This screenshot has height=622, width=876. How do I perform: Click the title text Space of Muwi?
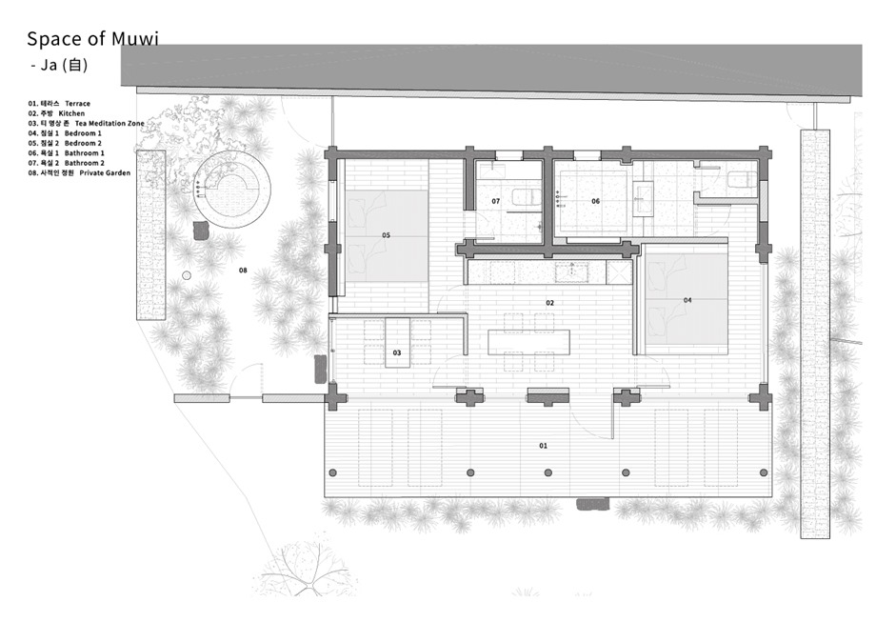[92, 38]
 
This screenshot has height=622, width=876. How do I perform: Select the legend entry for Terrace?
[59, 104]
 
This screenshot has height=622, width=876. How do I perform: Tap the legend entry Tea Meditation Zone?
[86, 123]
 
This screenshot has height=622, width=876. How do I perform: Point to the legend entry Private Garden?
[79, 172]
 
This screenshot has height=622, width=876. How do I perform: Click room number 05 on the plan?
[386, 235]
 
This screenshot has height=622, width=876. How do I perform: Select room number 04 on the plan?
[687, 300]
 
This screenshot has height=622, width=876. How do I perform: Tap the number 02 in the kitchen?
[549, 303]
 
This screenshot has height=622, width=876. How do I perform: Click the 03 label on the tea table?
[397, 352]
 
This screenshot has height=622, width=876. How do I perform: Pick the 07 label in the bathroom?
[495, 201]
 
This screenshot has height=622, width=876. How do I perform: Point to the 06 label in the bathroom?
[595, 201]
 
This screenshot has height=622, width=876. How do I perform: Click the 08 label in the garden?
[243, 271]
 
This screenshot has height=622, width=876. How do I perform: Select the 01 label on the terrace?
[543, 446]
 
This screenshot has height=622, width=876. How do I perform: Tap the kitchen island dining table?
[528, 342]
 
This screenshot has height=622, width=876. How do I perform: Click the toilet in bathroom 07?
[527, 197]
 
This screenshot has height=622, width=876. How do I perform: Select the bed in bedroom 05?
[387, 236]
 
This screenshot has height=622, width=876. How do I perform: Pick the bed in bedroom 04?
[687, 301]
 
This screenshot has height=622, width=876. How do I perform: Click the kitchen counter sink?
[571, 271]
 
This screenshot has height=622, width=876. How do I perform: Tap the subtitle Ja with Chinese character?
[59, 65]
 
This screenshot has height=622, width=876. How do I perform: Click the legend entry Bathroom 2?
[67, 163]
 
